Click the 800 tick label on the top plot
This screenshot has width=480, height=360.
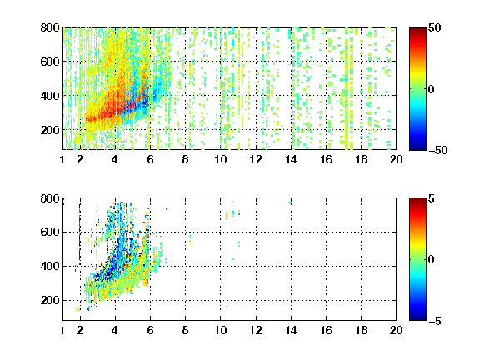[x=50, y=27]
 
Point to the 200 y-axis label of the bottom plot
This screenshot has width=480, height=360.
[x=50, y=300]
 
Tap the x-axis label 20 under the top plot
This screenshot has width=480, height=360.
[x=396, y=159]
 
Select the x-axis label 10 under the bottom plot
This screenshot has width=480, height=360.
[x=220, y=330]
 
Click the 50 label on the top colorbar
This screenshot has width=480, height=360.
[x=434, y=27]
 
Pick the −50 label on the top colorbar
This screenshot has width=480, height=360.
[x=437, y=150]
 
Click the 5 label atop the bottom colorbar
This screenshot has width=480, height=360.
[x=432, y=198]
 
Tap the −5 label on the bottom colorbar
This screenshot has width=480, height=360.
[x=435, y=321]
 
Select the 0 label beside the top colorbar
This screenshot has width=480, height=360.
[x=432, y=89]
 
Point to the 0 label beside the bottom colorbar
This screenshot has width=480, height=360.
[x=432, y=260]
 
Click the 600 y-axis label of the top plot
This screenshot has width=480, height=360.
[x=50, y=62]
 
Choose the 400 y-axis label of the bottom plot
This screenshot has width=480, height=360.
[x=50, y=266]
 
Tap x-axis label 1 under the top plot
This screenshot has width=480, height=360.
[x=62, y=159]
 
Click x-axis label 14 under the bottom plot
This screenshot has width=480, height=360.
[x=291, y=330]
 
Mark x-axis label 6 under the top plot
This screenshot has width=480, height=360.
[x=150, y=159]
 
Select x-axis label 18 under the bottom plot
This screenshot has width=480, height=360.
[x=361, y=330]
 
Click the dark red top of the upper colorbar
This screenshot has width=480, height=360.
[x=417, y=29]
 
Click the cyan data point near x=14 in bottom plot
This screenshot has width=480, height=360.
[x=290, y=202]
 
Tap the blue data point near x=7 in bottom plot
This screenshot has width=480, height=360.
[x=167, y=209]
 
